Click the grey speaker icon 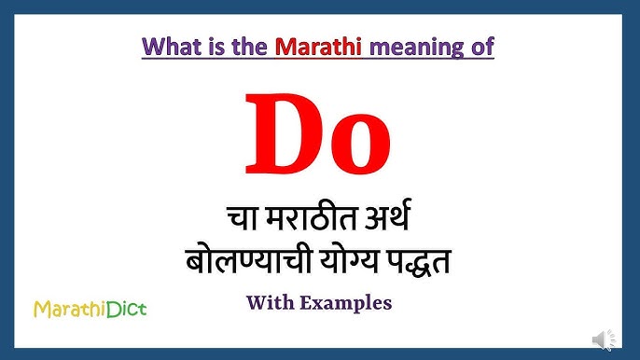604,339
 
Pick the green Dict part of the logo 125,308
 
